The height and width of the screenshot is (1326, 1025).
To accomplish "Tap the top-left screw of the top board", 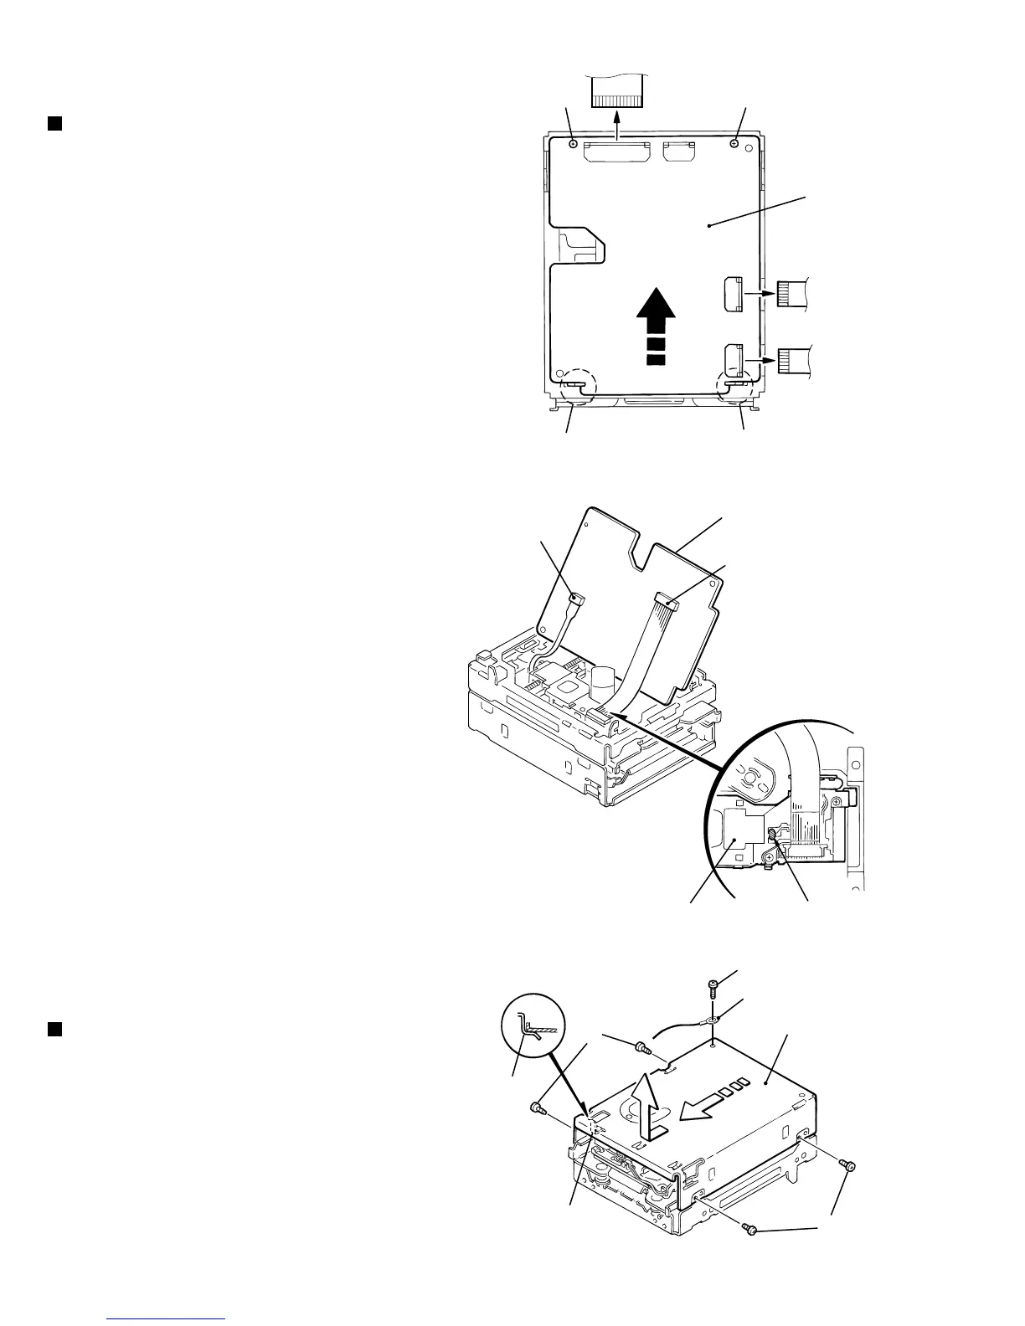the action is pyautogui.click(x=573, y=144).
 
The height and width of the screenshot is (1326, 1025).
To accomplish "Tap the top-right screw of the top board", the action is pyautogui.click(x=734, y=144).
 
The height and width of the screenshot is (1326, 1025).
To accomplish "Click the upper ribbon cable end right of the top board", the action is pyautogui.click(x=791, y=294).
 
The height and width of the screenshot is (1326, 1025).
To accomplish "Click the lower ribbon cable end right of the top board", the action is pyautogui.click(x=792, y=360).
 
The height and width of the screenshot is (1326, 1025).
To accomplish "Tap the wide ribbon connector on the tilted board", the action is pyautogui.click(x=667, y=600).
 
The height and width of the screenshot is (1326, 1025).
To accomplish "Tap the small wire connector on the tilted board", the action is pyautogui.click(x=574, y=598).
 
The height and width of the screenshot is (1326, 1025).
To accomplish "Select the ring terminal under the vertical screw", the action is pyautogui.click(x=711, y=1020).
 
